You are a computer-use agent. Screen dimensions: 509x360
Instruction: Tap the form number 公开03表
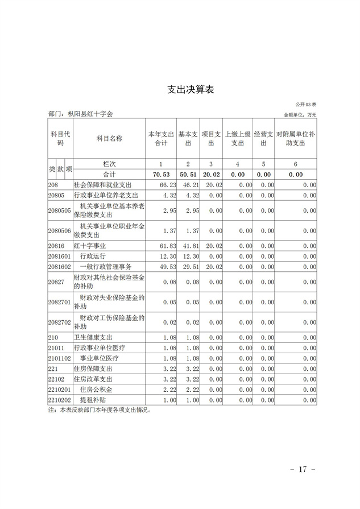coord(309,105)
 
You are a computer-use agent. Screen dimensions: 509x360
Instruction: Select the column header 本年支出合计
coord(161,139)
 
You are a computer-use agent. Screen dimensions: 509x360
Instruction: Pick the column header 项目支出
coord(211,139)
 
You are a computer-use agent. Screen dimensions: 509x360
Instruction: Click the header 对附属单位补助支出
coord(296,139)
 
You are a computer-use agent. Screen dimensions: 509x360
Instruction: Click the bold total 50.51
coord(188,175)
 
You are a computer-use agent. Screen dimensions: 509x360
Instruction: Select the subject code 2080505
coord(60,210)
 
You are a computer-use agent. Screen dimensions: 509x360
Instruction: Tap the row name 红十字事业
coord(90,245)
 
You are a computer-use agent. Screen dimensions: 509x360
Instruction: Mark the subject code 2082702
coord(60,322)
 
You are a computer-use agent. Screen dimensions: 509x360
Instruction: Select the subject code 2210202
coord(60,400)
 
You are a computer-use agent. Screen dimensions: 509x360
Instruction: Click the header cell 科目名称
coord(109,139)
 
